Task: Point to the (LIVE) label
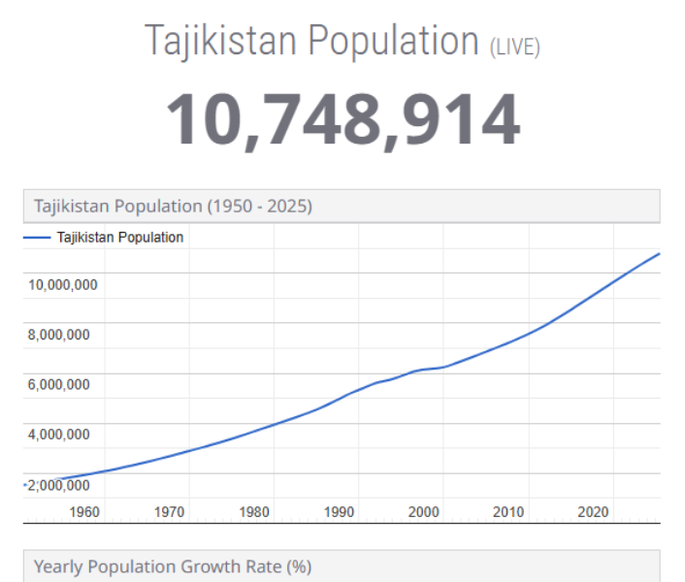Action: [514, 46]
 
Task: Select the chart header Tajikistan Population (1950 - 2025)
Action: [173, 206]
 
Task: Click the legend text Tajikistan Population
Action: [120, 237]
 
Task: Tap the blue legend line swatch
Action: [37, 237]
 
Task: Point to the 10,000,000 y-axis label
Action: [62, 285]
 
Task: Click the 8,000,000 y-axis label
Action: [59, 335]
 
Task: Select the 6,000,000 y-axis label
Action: [59, 384]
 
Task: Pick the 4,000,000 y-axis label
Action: [59, 434]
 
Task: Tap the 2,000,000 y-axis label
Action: [59, 485]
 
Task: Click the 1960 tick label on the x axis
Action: [84, 511]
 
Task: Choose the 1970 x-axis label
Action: [169, 511]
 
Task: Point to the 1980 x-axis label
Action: [254, 511]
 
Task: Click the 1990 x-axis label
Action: [339, 511]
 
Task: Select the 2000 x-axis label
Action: [424, 511]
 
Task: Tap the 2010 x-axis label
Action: [508, 511]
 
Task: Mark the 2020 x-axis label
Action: [593, 511]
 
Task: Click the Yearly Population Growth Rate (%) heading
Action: [173, 566]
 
